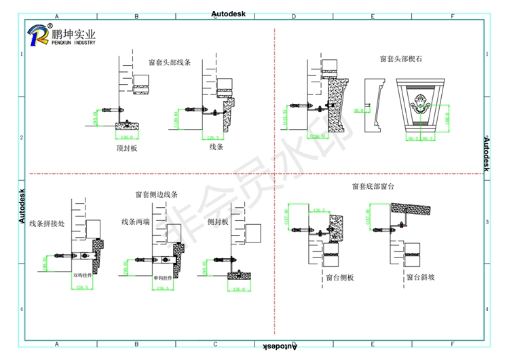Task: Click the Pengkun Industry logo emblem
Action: (37, 34)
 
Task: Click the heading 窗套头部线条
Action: (170, 62)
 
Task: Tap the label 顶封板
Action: (126, 148)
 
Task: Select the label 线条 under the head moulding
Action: (216, 146)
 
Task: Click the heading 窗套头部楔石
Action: (401, 59)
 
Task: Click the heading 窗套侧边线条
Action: (156, 194)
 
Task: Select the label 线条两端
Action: (136, 221)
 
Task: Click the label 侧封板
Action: (217, 221)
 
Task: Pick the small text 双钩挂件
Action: (83, 276)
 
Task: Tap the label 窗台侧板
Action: (339, 278)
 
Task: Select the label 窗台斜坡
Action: (420, 278)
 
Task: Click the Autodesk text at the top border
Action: (232, 14)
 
